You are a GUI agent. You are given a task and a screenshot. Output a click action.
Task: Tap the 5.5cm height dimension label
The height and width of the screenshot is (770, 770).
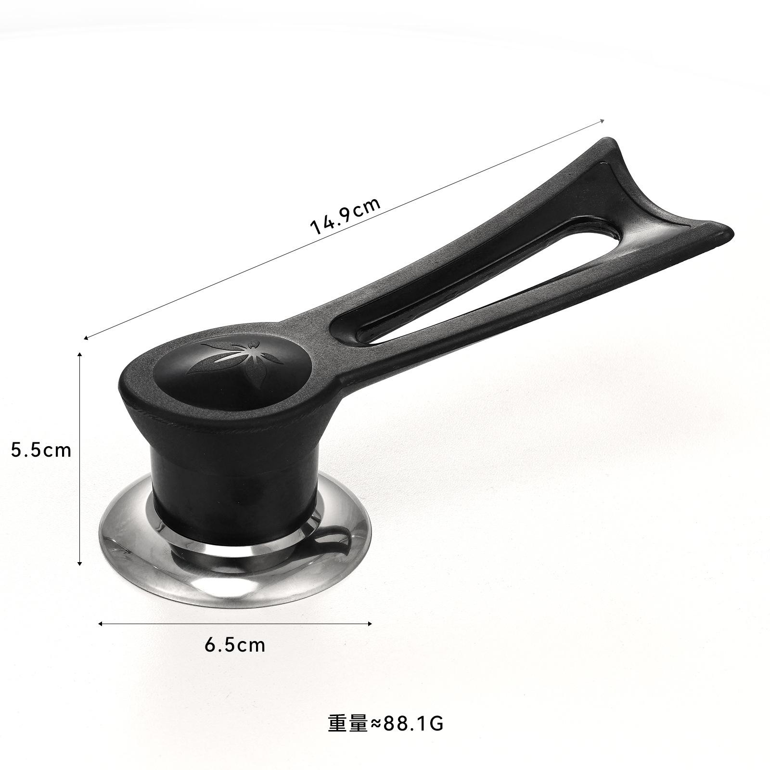[x=41, y=450]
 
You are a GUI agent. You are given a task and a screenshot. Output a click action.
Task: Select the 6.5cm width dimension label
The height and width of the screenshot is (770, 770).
[x=235, y=644]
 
